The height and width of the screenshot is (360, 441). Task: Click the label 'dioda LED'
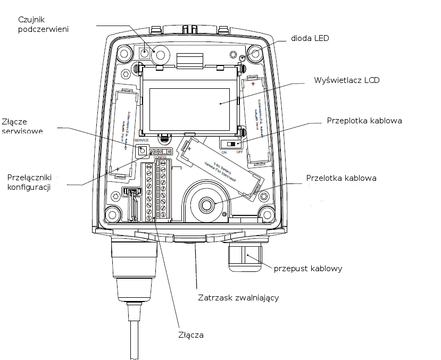[x=310, y=38]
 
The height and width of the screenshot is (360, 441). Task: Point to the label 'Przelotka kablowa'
[x=341, y=178]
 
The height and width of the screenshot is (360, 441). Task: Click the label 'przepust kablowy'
[x=307, y=269]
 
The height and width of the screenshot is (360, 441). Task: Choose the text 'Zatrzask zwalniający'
[x=238, y=298]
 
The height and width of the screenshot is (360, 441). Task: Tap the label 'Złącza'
[x=191, y=335]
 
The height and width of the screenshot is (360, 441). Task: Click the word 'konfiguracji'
[x=28, y=188]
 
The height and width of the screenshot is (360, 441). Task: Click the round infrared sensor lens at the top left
[x=159, y=54]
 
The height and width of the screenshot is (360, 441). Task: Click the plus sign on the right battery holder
[x=253, y=84]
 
